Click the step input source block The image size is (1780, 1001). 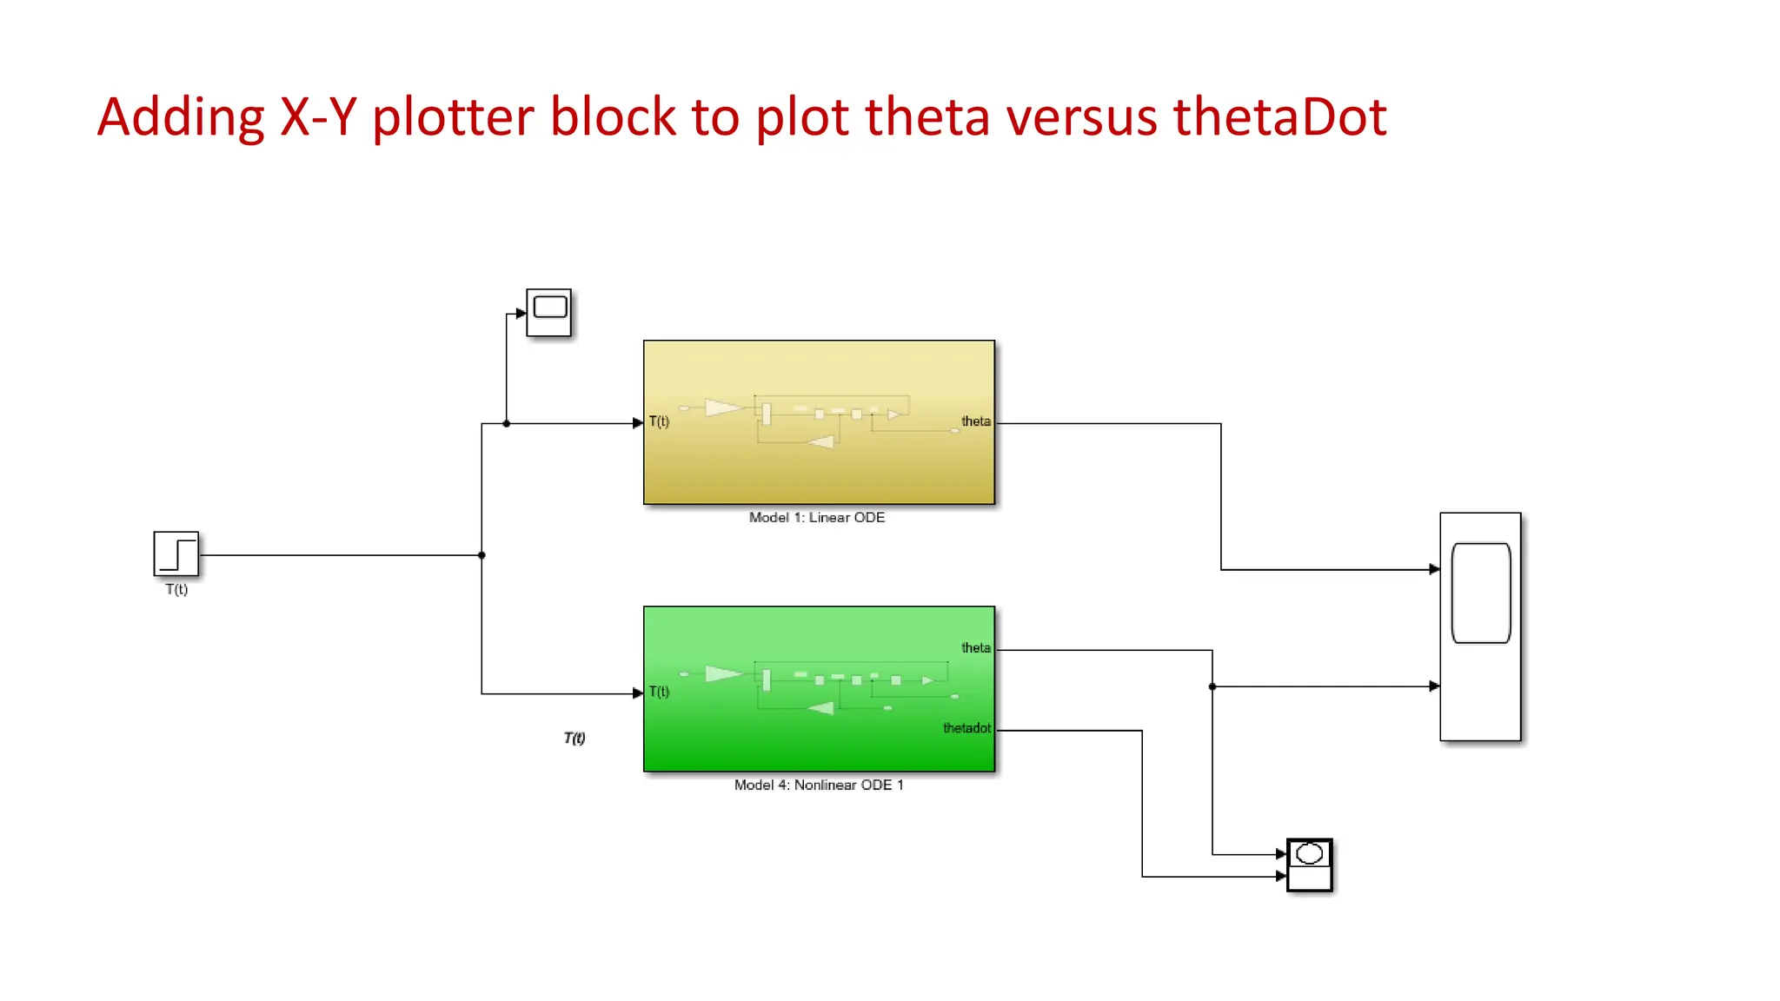click(x=176, y=554)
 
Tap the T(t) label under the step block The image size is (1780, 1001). click(x=176, y=589)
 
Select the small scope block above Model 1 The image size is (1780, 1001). click(x=549, y=313)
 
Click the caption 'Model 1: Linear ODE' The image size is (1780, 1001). click(x=817, y=518)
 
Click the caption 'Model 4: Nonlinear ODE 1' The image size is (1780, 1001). click(x=819, y=786)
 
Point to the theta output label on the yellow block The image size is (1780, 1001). click(x=975, y=421)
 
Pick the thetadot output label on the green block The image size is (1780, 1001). click(x=966, y=728)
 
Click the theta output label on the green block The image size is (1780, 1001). click(x=975, y=648)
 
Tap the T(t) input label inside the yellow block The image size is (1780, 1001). click(x=660, y=422)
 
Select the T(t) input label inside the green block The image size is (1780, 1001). click(x=660, y=693)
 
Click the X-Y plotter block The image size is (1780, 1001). click(x=1309, y=865)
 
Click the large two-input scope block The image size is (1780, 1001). click(x=1480, y=626)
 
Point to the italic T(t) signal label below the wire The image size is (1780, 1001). click(x=575, y=739)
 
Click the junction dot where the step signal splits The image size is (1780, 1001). click(x=482, y=555)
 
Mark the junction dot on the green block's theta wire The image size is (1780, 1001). click(x=1212, y=686)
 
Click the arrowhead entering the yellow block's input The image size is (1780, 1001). click(x=638, y=423)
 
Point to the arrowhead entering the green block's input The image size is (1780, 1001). click(x=638, y=693)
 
